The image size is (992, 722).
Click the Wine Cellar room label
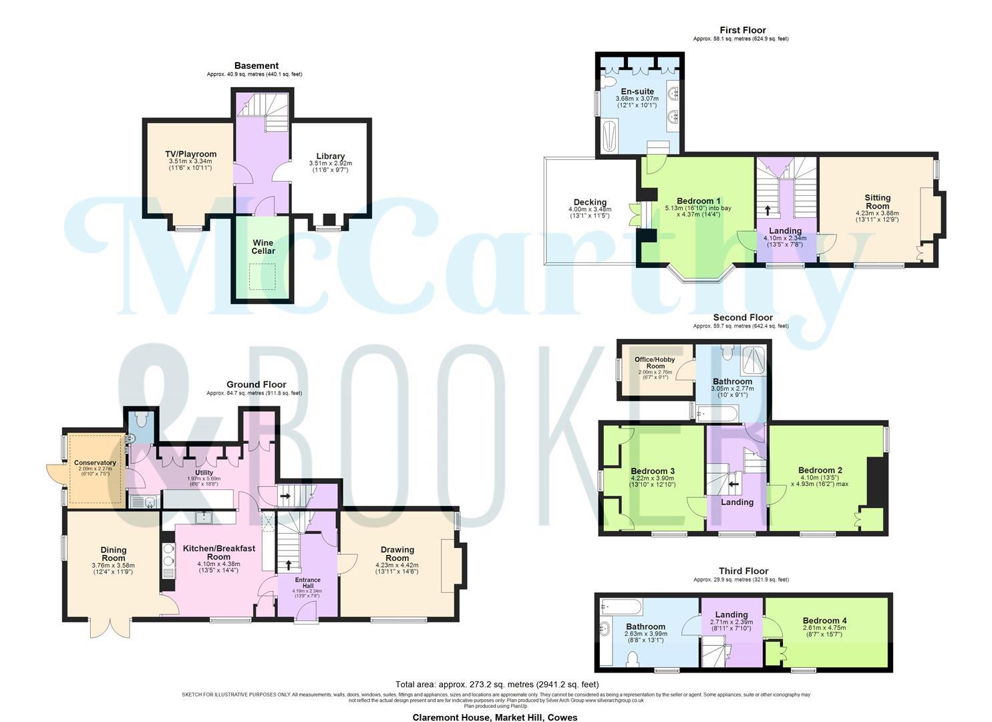coord(263,247)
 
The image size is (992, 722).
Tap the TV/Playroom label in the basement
coord(191,154)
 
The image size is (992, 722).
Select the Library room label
coord(330,156)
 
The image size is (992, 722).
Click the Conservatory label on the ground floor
coord(95,463)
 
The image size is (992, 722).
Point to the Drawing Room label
coord(397,554)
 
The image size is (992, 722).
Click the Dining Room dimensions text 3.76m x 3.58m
coord(113,566)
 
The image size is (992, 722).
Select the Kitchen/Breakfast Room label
coord(218,552)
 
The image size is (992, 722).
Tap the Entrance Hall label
coord(307,583)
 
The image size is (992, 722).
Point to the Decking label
coord(590,203)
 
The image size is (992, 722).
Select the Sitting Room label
coord(877,201)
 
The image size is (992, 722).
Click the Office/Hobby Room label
coord(655,362)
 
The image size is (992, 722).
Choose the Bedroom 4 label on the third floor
coord(824,621)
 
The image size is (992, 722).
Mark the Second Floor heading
coord(743,318)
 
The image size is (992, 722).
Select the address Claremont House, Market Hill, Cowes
coord(494,717)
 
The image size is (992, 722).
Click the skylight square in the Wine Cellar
coord(263,276)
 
